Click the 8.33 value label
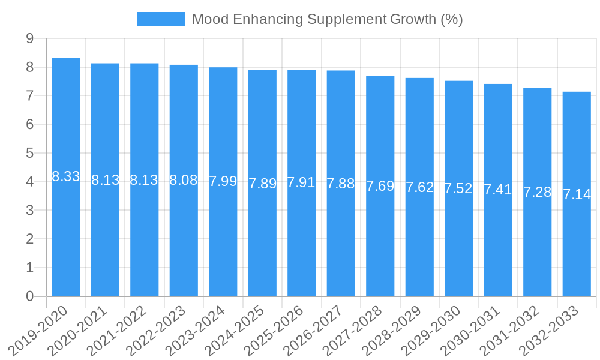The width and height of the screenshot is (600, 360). (66, 176)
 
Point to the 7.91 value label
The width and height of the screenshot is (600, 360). (301, 182)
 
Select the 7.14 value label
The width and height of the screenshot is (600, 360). (577, 194)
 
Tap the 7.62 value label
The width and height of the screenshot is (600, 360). (419, 187)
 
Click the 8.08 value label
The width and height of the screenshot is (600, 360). (184, 180)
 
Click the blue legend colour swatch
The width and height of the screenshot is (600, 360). (160, 19)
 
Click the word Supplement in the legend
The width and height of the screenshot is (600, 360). (347, 19)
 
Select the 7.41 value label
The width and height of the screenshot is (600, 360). (498, 190)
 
